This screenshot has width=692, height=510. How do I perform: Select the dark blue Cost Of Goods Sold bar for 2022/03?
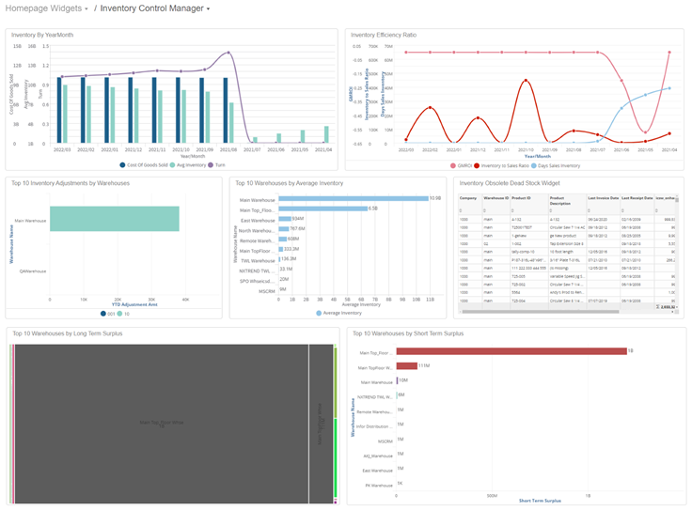click(58, 111)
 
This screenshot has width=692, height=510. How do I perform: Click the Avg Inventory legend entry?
click(194, 164)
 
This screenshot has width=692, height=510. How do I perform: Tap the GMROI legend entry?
click(465, 165)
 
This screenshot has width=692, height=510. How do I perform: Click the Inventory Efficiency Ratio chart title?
click(384, 35)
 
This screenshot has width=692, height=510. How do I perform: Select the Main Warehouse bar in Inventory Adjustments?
click(114, 219)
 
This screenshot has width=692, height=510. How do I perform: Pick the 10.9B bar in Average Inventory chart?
click(352, 198)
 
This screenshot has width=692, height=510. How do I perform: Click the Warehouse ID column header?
click(495, 198)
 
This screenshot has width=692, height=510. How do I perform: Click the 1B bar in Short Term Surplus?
click(511, 351)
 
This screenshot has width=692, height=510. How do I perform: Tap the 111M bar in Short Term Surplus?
click(406, 365)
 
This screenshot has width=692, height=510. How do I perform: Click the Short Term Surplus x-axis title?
click(540, 501)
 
